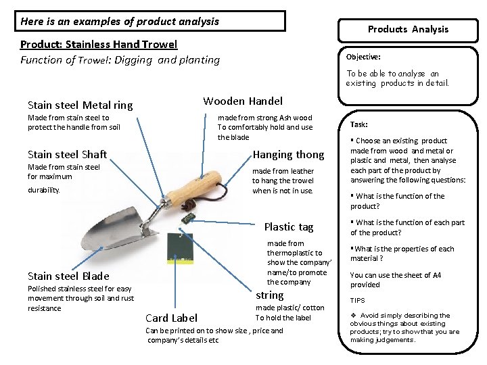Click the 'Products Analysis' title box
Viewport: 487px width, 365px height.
[408, 29]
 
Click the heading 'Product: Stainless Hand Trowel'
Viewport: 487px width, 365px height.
[99, 45]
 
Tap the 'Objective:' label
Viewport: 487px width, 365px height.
[363, 57]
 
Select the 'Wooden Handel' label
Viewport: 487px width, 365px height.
[243, 101]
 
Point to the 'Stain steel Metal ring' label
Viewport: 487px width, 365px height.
[80, 105]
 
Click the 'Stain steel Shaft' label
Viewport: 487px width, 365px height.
[67, 154]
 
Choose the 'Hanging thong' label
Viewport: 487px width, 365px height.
[288, 155]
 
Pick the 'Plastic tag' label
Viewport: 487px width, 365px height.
[289, 227]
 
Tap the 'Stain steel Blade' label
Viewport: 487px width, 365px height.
[68, 276]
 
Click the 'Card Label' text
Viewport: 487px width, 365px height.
[172, 318]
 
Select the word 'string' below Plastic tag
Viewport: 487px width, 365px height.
[269, 295]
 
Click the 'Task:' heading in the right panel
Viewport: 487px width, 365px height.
[359, 125]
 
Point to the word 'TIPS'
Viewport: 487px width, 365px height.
[357, 301]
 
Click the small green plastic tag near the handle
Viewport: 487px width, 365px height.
[189, 217]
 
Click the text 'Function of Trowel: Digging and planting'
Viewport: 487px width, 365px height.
[120, 60]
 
